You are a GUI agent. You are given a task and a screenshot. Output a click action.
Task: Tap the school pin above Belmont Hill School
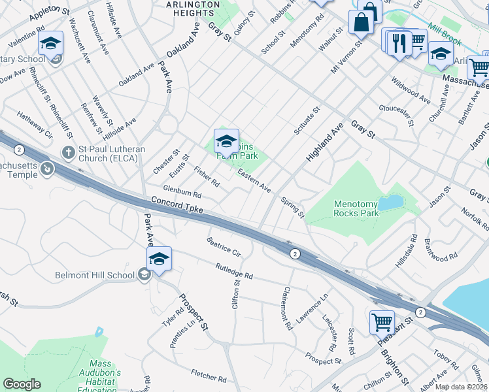159,259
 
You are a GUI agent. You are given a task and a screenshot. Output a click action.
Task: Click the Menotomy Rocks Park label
356,208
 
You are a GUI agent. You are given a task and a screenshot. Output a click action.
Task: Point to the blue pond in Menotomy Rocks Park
391,203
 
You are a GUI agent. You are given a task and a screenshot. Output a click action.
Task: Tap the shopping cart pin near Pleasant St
382,321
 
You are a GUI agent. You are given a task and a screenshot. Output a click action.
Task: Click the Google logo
22,384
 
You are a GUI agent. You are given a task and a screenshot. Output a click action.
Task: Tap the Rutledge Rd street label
234,271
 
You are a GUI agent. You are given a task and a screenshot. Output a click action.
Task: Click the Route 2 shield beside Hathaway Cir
18,150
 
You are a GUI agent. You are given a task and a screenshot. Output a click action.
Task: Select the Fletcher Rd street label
209,377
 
